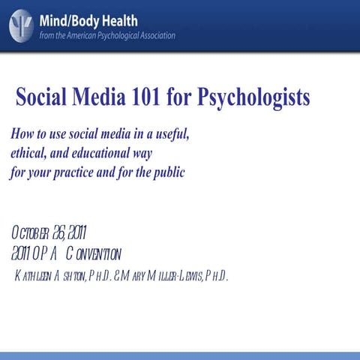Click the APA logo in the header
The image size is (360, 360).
[21, 24]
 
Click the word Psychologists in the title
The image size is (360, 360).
[244, 97]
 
